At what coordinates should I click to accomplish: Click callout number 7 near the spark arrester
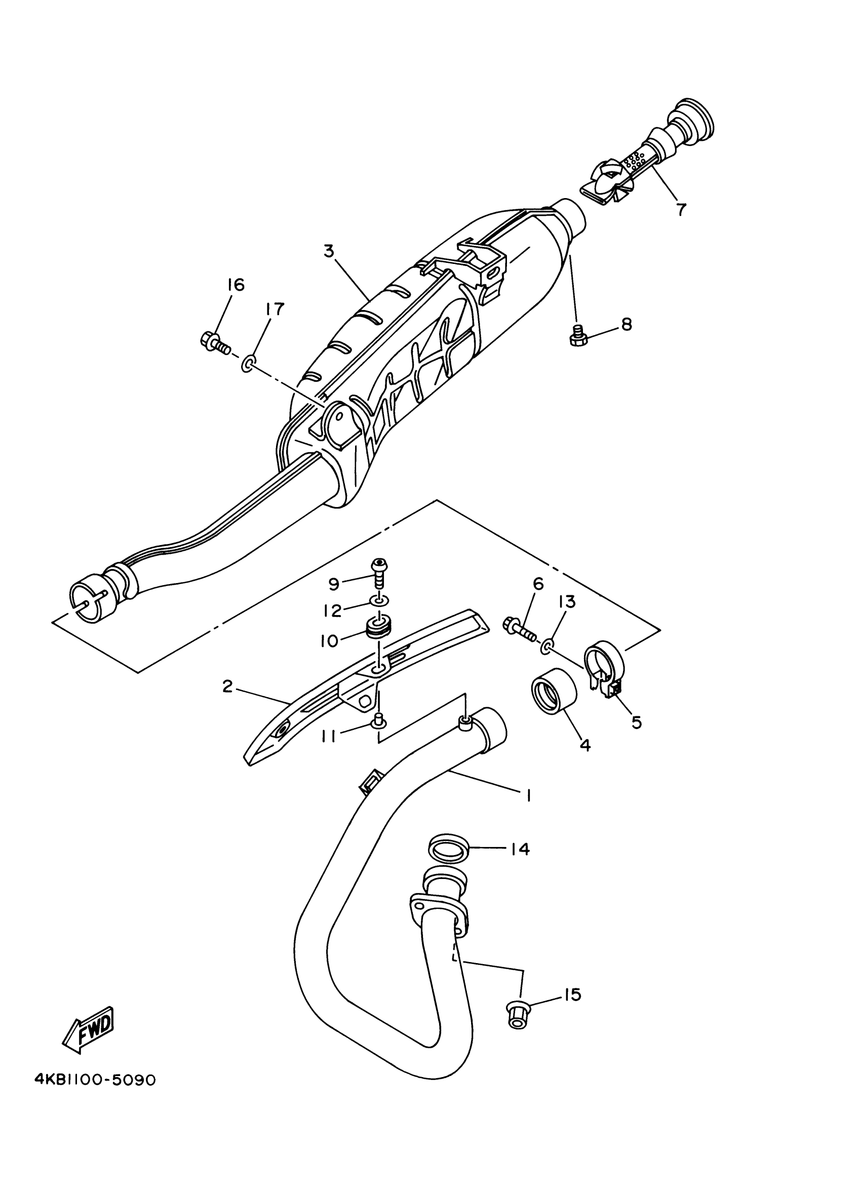pyautogui.click(x=680, y=210)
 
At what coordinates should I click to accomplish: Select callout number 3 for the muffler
pyautogui.click(x=329, y=252)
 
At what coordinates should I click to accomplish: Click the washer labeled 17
pyautogui.click(x=248, y=363)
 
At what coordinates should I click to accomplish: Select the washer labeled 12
pyautogui.click(x=379, y=599)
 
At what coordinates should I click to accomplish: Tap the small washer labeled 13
pyautogui.click(x=546, y=647)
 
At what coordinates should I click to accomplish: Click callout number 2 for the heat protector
pyautogui.click(x=227, y=686)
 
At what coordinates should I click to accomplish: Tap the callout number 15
pyautogui.click(x=573, y=994)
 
